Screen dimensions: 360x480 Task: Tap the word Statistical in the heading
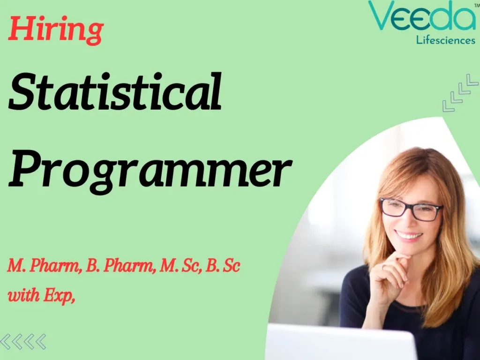(115, 92)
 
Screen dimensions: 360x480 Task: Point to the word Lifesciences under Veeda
(445, 40)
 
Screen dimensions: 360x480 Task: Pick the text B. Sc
(223, 267)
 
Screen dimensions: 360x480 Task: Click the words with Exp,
(41, 296)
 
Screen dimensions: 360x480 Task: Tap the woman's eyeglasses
(410, 210)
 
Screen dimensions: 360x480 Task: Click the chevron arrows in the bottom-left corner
(23, 341)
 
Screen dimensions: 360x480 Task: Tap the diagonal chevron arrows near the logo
(460, 93)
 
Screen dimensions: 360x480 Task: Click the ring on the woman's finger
(383, 267)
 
